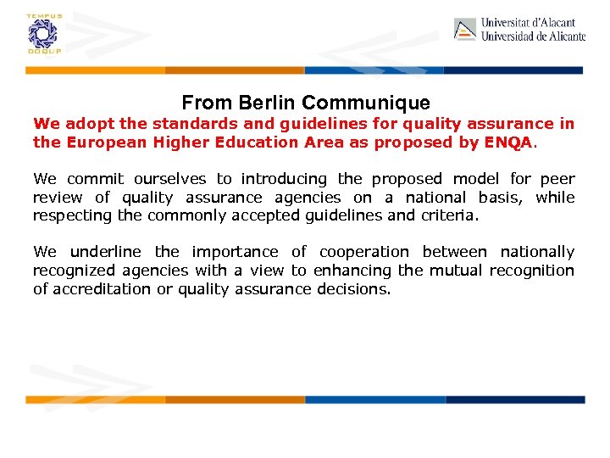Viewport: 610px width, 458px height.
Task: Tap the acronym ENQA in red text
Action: [508, 142]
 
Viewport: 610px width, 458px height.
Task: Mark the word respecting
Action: [69, 215]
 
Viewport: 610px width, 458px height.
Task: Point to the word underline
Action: [108, 252]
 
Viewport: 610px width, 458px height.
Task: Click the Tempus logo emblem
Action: [40, 34]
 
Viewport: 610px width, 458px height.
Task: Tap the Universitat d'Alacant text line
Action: [529, 23]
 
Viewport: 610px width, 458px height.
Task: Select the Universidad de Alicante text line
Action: [533, 36]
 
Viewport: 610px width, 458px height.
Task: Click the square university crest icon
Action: [465, 30]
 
